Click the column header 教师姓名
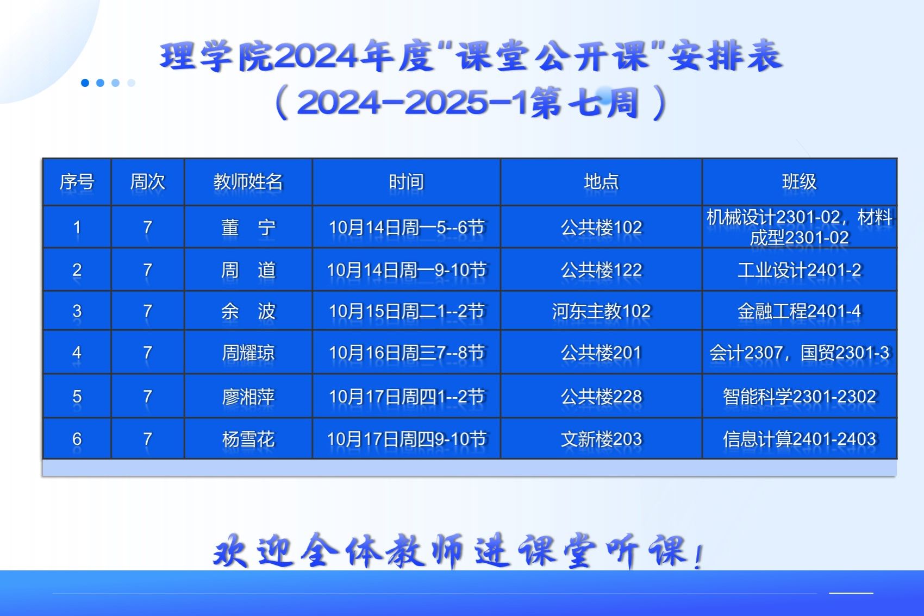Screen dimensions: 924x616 248,182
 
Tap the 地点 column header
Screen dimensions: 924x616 601,182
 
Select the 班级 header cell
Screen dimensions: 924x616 799,182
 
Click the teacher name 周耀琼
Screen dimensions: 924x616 248,353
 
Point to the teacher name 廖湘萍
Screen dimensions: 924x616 248,397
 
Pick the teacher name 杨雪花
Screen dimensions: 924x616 248,439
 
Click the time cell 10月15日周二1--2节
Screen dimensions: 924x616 407,311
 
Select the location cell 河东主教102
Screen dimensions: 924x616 601,311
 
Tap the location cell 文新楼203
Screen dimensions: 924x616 601,439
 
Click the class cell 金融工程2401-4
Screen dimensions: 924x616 799,311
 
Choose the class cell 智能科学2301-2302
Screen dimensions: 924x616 799,397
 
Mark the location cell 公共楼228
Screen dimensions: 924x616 601,397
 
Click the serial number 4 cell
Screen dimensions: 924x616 77,353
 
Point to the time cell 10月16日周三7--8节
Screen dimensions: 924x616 407,353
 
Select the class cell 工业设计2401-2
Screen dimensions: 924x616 799,271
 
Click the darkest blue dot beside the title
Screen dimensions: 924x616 85,83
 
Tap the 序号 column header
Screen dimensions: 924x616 77,182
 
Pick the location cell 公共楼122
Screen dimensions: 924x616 601,271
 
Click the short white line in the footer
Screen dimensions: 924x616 851,593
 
